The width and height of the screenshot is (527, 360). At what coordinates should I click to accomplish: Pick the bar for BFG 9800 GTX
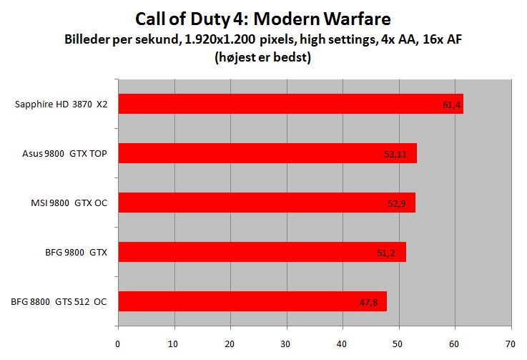point(261,252)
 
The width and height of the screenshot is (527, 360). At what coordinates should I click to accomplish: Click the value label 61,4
point(451,105)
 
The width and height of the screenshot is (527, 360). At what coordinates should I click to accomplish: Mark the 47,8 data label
point(368,303)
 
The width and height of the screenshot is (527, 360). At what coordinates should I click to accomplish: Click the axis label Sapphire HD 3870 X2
point(61,104)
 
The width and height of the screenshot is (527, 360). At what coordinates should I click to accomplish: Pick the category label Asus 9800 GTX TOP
point(65,154)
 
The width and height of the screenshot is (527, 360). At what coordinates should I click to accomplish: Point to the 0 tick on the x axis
point(117,343)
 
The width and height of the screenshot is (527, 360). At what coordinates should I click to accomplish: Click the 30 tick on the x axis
point(286,343)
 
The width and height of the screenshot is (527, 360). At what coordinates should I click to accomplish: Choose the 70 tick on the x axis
point(511,343)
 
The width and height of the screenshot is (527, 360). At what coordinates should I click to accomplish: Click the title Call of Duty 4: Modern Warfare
point(264,17)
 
